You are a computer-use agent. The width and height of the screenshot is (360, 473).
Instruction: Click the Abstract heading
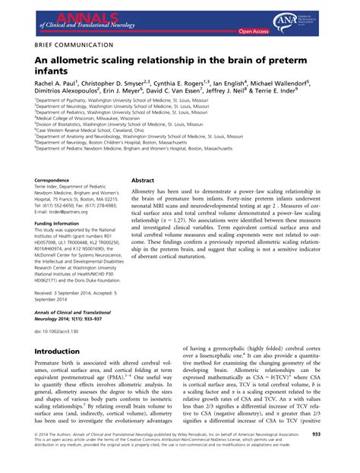pyautogui.click(x=145, y=181)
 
